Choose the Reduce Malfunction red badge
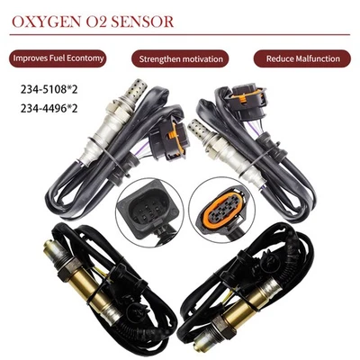click(x=302, y=58)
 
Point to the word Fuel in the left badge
click(x=66, y=58)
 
